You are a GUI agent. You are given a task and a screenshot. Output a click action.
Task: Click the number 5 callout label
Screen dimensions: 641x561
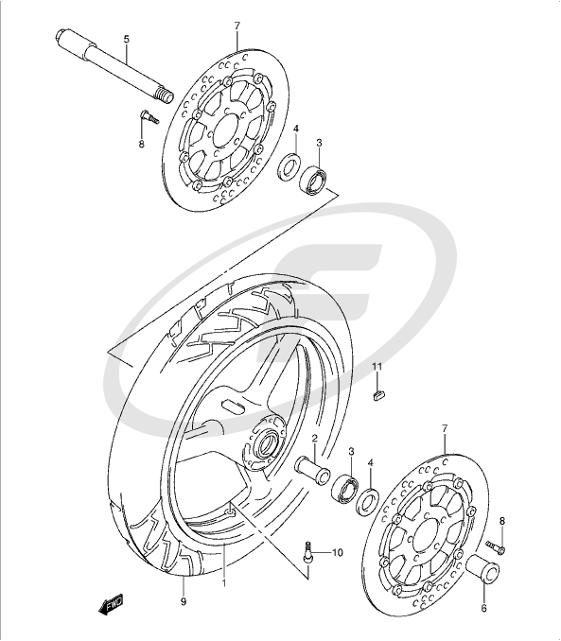[x=126, y=40]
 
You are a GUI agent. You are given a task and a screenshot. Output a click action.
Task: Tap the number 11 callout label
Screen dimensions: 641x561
[x=376, y=367]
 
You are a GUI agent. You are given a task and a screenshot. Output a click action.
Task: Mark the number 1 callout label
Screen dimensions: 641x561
[x=223, y=584]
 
